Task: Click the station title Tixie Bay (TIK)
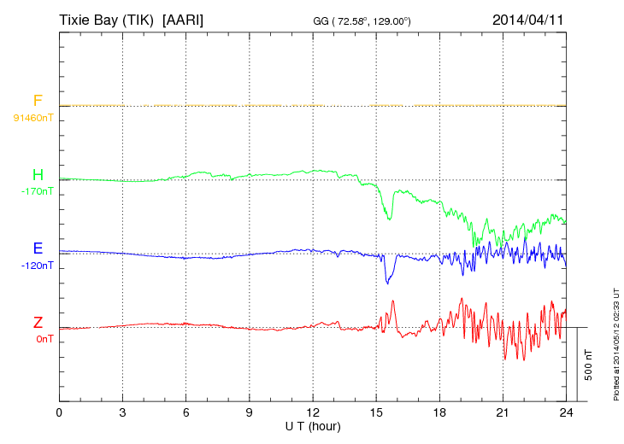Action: [x=106, y=19]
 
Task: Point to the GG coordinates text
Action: [x=362, y=20]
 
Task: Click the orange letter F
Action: [x=38, y=101]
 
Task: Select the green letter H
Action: [x=38, y=175]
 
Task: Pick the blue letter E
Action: [x=38, y=248]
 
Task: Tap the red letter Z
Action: [x=38, y=323]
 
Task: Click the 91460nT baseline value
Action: [x=32, y=118]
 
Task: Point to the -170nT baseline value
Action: [x=37, y=191]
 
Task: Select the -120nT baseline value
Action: [x=37, y=266]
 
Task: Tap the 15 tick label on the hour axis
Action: [x=376, y=413]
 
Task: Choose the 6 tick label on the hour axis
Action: [x=185, y=413]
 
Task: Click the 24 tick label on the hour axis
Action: [x=566, y=413]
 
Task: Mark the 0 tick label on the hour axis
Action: [x=59, y=413]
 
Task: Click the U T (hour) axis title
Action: [x=313, y=425]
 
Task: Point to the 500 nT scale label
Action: [x=589, y=365]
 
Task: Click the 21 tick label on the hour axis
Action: [x=503, y=413]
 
